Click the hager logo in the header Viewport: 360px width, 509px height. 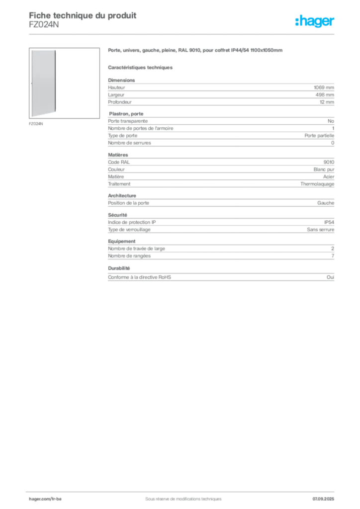pyautogui.click(x=315, y=21)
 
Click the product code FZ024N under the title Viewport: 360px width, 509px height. pyautogui.click(x=44, y=25)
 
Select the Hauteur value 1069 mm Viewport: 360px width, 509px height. pyautogui.click(x=324, y=87)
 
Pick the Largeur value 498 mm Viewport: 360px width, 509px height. pyautogui.click(x=325, y=95)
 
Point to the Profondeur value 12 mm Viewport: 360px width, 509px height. pyautogui.click(x=327, y=102)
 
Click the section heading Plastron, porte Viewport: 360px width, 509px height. pyautogui.click(x=126, y=114)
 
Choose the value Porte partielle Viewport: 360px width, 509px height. pyautogui.click(x=319, y=136)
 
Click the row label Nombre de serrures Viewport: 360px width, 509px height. pyautogui.click(x=129, y=143)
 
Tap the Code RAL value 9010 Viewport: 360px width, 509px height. pyautogui.click(x=329, y=163)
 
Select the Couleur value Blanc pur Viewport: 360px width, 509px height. pyautogui.click(x=324, y=170)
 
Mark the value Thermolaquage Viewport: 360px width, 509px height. pyautogui.click(x=317, y=184)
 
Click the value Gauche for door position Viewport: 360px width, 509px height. pyautogui.click(x=326, y=203)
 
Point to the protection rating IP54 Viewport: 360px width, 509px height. pyautogui.click(x=329, y=222)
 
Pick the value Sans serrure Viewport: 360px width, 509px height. pyautogui.click(x=320, y=230)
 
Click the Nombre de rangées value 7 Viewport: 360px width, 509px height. pyautogui.click(x=333, y=256)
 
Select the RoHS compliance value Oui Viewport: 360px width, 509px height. pyautogui.click(x=331, y=277)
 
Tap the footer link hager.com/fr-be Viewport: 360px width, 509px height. pyautogui.click(x=45, y=499)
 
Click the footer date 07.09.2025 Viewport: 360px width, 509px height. pyautogui.click(x=323, y=499)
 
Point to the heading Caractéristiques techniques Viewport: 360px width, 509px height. pyautogui.click(x=140, y=68)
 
